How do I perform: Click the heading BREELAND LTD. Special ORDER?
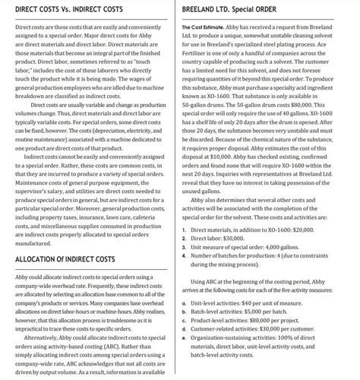242,8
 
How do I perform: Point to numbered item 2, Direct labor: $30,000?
222,236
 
